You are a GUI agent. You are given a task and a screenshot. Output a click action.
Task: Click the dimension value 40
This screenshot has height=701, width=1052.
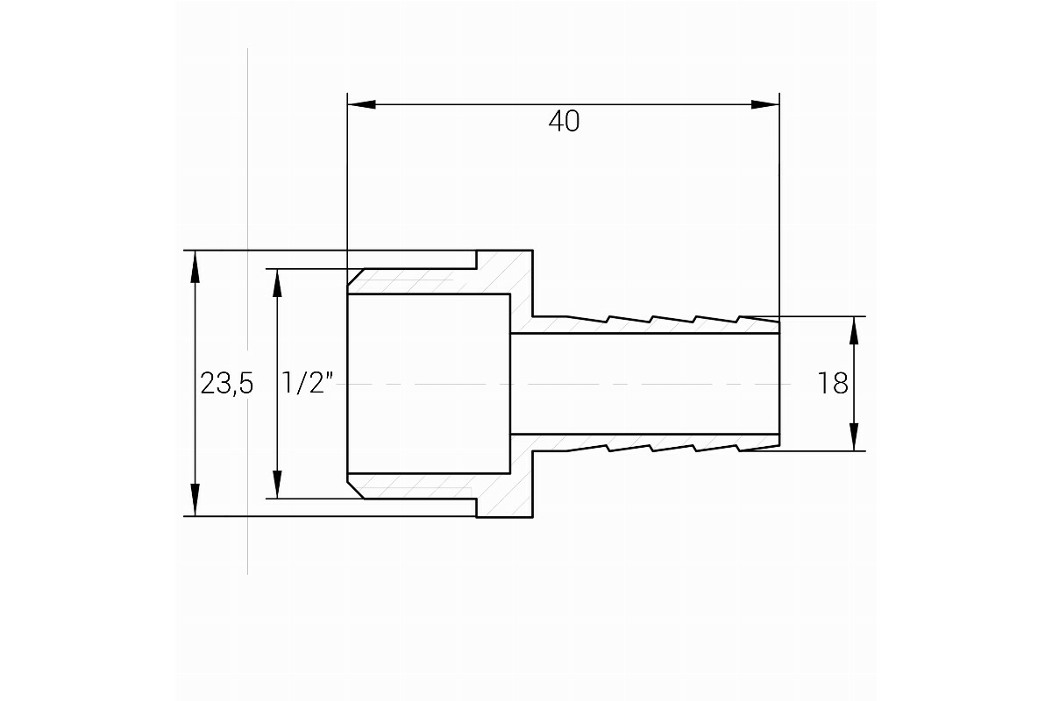pyautogui.click(x=564, y=121)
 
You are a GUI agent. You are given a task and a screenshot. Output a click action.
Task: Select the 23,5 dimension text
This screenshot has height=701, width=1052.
pyautogui.click(x=227, y=383)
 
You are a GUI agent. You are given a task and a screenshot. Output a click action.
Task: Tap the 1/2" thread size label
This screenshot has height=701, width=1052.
pyautogui.click(x=308, y=383)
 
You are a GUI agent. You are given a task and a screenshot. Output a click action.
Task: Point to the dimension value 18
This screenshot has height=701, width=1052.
pyautogui.click(x=833, y=383)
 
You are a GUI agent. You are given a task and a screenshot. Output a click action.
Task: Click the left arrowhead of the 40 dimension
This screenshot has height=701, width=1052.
pyautogui.click(x=361, y=104)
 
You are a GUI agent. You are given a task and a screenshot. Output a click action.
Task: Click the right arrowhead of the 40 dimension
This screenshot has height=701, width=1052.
pyautogui.click(x=765, y=104)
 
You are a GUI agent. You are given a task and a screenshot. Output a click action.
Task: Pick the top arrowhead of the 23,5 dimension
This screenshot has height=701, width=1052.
pyautogui.click(x=195, y=266)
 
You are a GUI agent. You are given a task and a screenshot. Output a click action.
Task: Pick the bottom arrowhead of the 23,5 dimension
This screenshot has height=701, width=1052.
pyautogui.click(x=195, y=500)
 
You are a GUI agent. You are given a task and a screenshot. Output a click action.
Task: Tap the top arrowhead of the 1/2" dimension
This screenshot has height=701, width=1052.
pyautogui.click(x=277, y=284)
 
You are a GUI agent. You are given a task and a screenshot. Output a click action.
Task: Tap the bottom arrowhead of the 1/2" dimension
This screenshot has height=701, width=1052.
pyautogui.click(x=277, y=484)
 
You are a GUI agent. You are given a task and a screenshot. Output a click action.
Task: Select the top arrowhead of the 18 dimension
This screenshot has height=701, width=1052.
pyautogui.click(x=854, y=331)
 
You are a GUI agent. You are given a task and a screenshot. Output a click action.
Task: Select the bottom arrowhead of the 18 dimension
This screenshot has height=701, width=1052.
pyautogui.click(x=854, y=436)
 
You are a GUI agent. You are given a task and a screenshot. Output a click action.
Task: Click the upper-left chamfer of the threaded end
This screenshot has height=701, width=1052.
pyautogui.click(x=356, y=277)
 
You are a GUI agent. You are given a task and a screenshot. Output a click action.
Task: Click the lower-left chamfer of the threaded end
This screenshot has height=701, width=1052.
pyautogui.click(x=356, y=490)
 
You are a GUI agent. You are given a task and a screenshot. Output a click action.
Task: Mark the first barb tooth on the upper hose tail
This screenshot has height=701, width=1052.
pyautogui.click(x=588, y=319)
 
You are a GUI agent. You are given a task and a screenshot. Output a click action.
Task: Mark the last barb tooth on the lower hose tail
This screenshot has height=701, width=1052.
pyautogui.click(x=759, y=449)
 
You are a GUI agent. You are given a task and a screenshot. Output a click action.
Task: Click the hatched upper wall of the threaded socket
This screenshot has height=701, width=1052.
pyautogui.click(x=423, y=281)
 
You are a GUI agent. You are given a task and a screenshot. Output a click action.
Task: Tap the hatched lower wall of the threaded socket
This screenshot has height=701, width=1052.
pyautogui.click(x=423, y=486)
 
